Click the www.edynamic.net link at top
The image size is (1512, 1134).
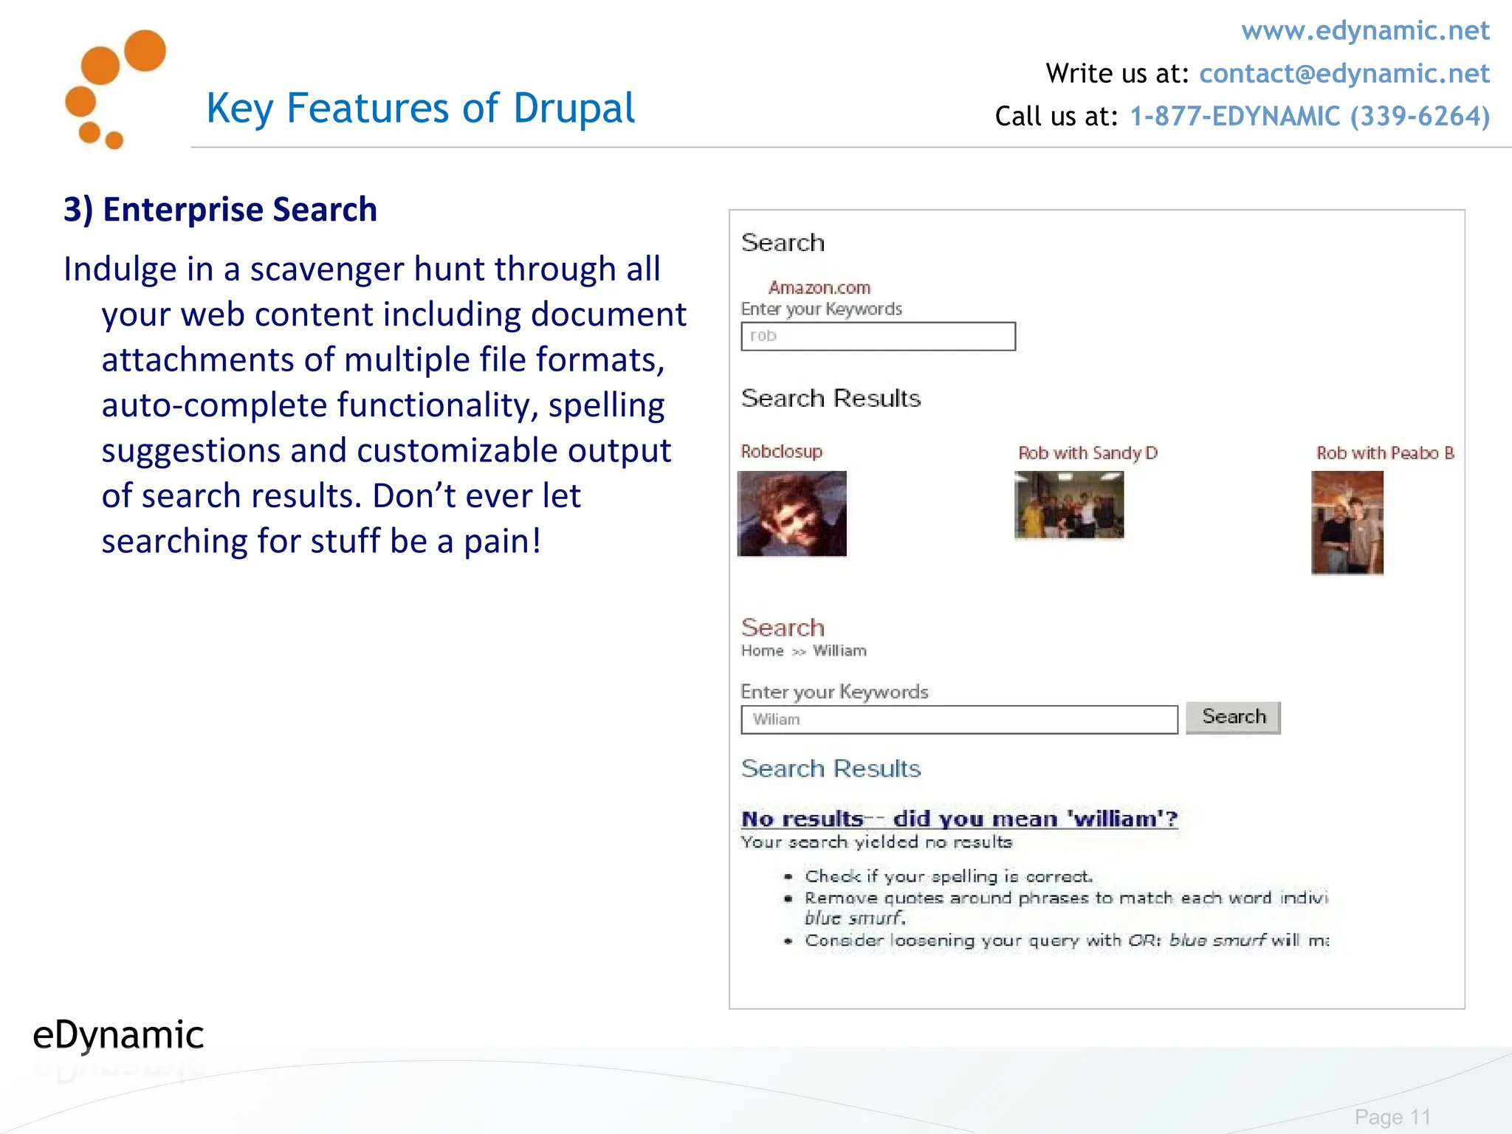pos(1364,31)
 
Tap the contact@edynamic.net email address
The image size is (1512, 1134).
pos(1344,74)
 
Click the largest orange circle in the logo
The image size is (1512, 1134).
pos(145,50)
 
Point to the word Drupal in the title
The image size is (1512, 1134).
pos(574,109)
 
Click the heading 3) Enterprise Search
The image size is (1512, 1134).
pos(220,210)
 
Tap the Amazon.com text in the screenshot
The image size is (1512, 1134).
pos(819,287)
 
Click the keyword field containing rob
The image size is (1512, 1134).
pos(878,337)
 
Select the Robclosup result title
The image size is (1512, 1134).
pos(781,451)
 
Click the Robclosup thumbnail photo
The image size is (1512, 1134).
pos(791,514)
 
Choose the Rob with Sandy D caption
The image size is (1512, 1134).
pos(1087,453)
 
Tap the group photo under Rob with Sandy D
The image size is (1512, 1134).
pos(1069,506)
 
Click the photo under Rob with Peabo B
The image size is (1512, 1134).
pos(1347,523)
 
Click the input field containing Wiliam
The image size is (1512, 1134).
pos(958,720)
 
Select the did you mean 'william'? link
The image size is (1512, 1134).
pos(1034,819)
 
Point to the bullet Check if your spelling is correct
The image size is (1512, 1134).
pos(948,876)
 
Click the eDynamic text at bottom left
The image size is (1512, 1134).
pos(118,1035)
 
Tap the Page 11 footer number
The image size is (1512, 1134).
pos(1392,1117)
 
